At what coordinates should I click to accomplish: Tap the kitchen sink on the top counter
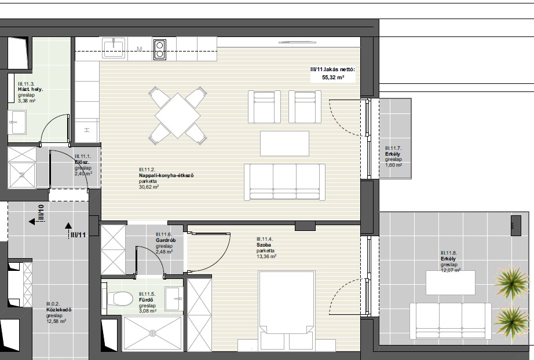click(114, 47)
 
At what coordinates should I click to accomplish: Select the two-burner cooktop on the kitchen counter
click(160, 50)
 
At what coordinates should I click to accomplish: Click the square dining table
click(177, 116)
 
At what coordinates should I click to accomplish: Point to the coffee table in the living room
click(285, 144)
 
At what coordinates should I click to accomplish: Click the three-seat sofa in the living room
click(285, 182)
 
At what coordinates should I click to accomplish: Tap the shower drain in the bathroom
click(152, 333)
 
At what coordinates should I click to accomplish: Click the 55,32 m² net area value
click(333, 78)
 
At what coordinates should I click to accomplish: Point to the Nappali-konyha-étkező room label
click(166, 175)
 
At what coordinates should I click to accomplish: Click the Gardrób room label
click(164, 240)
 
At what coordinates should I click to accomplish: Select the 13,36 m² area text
click(266, 256)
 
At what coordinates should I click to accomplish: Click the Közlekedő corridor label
click(59, 310)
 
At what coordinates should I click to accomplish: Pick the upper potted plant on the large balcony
click(511, 281)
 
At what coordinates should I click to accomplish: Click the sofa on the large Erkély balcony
click(450, 321)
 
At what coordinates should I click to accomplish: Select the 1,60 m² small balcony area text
click(394, 165)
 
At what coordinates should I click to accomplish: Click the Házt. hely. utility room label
click(31, 90)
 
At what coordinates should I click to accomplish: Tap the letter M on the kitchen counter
click(139, 49)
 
